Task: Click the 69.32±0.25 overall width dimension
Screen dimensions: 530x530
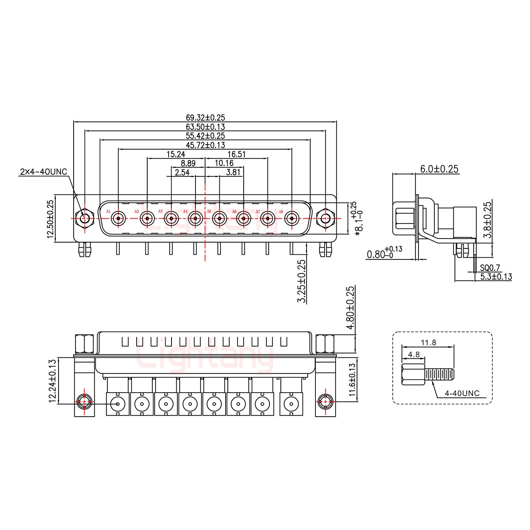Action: [x=205, y=118]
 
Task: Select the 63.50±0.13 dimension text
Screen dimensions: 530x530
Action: [x=205, y=127]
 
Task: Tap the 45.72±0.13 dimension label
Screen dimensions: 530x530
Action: [x=205, y=145]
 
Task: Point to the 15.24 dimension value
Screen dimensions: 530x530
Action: [x=176, y=154]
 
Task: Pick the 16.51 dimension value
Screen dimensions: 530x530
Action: [x=236, y=154]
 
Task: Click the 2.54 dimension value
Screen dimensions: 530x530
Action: [x=182, y=172]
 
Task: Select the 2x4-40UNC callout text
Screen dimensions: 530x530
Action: [x=43, y=172]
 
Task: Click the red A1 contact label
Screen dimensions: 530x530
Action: [x=108, y=211]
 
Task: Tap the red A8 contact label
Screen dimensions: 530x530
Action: [x=281, y=212]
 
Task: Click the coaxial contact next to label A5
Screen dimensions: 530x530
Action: [x=219, y=219]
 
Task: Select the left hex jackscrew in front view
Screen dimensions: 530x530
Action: [x=85, y=219]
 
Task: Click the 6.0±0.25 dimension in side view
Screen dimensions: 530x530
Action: [x=439, y=169]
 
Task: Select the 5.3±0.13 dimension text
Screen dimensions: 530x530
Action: [x=496, y=277]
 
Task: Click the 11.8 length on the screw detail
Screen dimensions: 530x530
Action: [x=428, y=343]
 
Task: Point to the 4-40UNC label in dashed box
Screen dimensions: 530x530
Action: [x=462, y=393]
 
